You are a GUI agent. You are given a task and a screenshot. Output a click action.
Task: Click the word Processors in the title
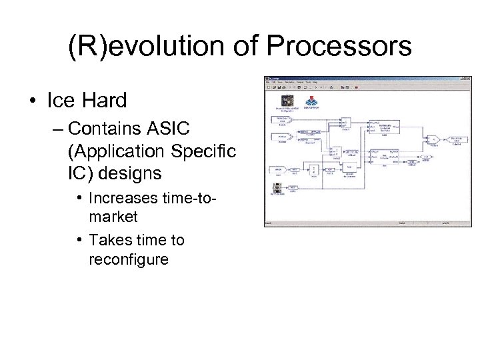coord(339,47)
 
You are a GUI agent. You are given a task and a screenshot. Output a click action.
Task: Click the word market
coord(113,217)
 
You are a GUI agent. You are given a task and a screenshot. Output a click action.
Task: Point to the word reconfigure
coord(129,259)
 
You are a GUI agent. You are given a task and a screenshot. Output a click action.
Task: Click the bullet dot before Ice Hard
coord(32,101)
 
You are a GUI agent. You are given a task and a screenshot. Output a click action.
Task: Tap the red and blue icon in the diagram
coord(311,101)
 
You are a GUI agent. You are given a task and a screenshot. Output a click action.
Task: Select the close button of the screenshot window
coord(468,78)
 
